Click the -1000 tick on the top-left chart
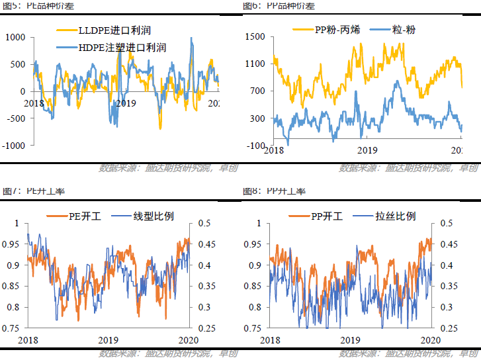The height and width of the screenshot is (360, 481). pyautogui.click(x=14, y=145)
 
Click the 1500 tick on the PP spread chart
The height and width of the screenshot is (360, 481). pyautogui.click(x=254, y=37)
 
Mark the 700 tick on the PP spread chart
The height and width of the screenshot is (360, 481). pyautogui.click(x=257, y=91)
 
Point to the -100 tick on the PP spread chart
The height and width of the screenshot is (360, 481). pyautogui.click(x=255, y=145)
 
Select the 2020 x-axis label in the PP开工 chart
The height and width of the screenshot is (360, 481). pyautogui.click(x=431, y=339)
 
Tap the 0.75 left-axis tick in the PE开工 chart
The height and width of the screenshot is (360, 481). pyautogui.click(x=11, y=328)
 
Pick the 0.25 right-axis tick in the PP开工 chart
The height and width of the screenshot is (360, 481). pyautogui.click(x=449, y=328)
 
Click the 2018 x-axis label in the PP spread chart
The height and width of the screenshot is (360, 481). pyautogui.click(x=273, y=150)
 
